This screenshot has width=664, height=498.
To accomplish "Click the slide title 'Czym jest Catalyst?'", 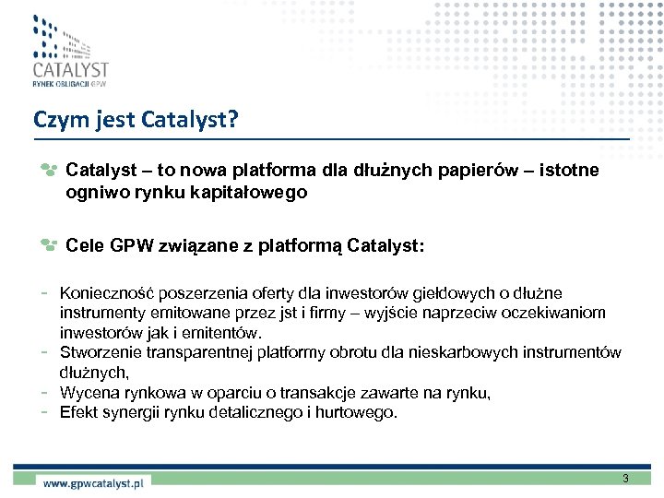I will click(x=136, y=120).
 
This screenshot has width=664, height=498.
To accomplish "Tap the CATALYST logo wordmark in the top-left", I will click(x=70, y=70).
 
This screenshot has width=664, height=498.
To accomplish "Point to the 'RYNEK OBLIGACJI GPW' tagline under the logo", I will click(x=69, y=85).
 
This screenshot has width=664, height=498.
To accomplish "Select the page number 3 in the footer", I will click(x=625, y=479).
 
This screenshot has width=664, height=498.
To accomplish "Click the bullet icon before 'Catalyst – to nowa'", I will click(x=49, y=171).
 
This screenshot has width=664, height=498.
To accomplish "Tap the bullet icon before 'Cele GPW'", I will click(x=49, y=245).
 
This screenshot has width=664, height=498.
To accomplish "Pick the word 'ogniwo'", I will click(x=92, y=194).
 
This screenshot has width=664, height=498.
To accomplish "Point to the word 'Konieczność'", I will click(x=106, y=294).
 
